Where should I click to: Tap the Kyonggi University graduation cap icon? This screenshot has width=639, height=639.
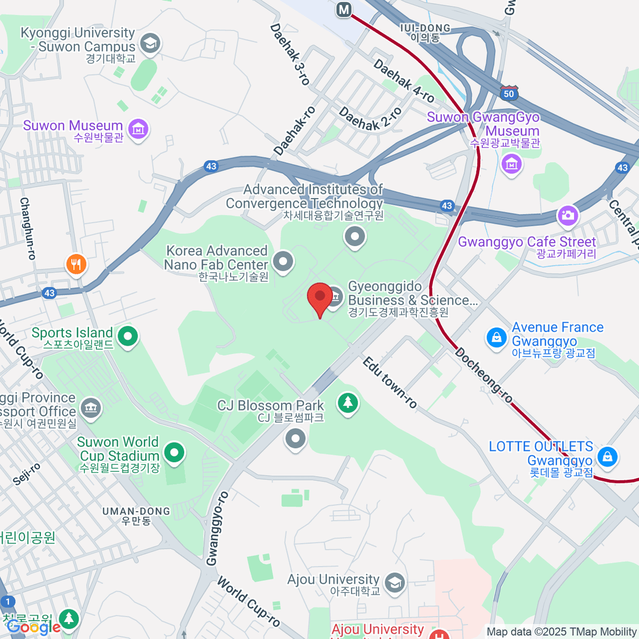point(150,43)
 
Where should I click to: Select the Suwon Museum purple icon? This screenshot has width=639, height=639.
point(138,128)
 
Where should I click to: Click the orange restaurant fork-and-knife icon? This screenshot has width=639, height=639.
point(76,264)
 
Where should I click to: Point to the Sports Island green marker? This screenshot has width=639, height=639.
point(128,336)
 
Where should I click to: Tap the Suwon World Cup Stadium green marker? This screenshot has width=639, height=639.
point(174,453)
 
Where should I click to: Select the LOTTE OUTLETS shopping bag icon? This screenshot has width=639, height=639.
point(607,456)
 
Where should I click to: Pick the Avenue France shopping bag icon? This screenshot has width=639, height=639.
point(496,338)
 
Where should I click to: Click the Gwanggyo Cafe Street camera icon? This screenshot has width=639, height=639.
point(568,215)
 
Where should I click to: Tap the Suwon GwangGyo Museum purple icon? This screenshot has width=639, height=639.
point(511,163)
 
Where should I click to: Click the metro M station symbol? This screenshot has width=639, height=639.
point(345,9)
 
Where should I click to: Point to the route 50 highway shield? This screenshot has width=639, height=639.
point(509,93)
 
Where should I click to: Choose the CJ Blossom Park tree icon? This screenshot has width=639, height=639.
point(348,402)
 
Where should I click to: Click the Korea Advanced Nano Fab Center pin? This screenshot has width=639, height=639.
point(283,261)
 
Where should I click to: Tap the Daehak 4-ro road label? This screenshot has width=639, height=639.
point(404,81)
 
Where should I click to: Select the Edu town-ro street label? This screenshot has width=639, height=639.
point(390,382)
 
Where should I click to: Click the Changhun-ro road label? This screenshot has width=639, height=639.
point(27,228)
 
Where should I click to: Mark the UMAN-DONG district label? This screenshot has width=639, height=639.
point(136,515)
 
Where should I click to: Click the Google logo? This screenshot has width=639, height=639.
point(33,627)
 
